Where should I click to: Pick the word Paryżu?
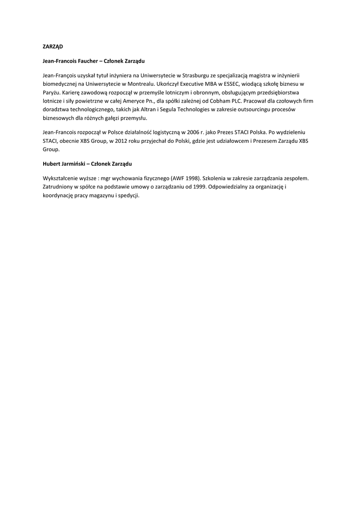click(52, 93)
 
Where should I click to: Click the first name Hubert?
click(52, 163)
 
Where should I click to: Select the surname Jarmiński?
click(75, 163)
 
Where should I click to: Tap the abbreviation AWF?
click(178, 178)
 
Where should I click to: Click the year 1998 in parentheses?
click(192, 178)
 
